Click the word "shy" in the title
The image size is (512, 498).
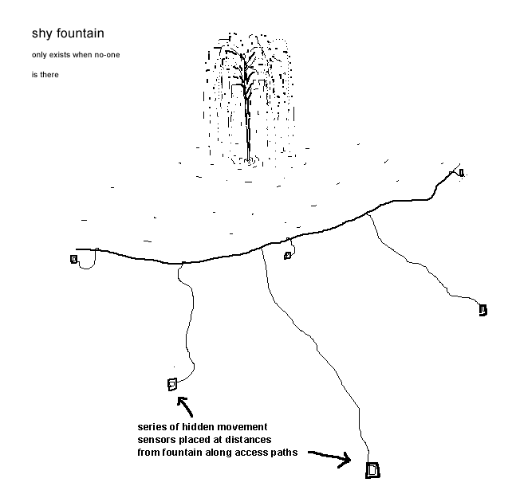(x=41, y=35)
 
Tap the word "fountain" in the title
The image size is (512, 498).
(x=79, y=34)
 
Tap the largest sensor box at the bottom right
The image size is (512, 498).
(x=372, y=470)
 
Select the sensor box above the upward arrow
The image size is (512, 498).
(x=171, y=385)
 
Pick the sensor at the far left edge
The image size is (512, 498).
(x=74, y=259)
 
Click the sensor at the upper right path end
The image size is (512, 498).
(x=461, y=173)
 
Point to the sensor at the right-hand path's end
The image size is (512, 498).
(x=482, y=310)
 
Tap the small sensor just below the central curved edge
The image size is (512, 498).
(x=288, y=255)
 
